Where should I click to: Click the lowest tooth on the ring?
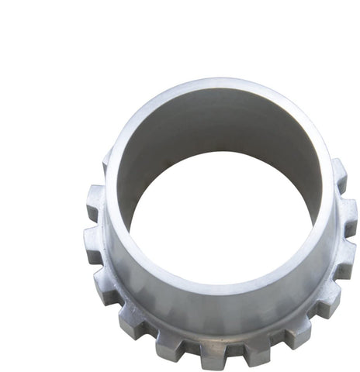coord(213,353)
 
